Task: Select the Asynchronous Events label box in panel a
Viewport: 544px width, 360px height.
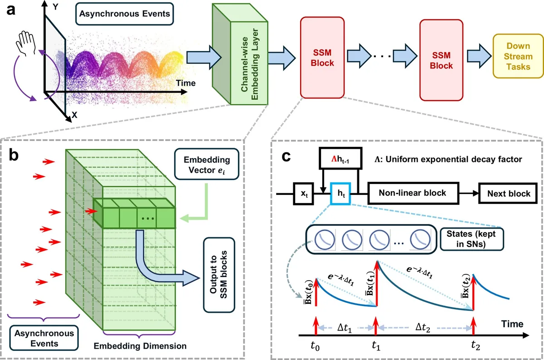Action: tap(125, 14)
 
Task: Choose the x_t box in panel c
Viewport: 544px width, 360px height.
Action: tap(304, 194)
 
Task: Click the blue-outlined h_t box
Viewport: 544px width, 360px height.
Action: tap(340, 194)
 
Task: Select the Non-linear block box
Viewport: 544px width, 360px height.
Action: tap(413, 193)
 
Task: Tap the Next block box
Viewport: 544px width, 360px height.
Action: tap(509, 194)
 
